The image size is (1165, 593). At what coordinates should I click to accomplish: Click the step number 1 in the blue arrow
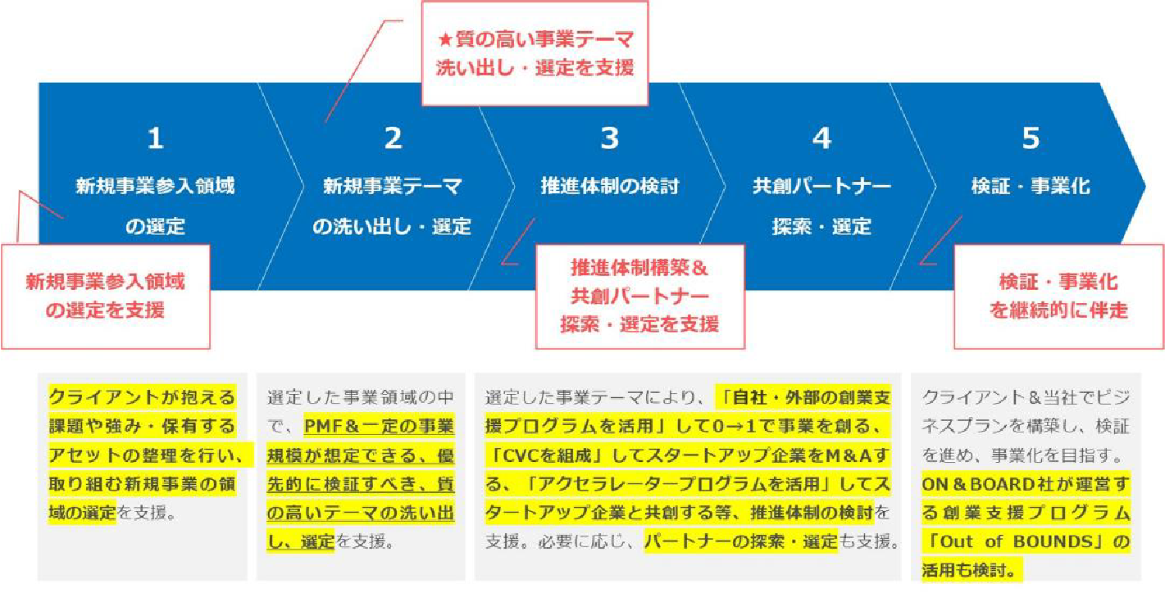coord(155,139)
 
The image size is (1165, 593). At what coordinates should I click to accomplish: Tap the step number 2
coord(393,139)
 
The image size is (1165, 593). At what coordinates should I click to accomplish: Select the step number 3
coord(609,139)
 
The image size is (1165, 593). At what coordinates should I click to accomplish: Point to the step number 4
coord(821,139)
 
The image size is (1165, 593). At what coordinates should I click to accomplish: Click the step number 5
coord(1031,139)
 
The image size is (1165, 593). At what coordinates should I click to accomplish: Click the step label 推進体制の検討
coord(609,187)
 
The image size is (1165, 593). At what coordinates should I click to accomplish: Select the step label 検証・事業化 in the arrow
coord(1031,187)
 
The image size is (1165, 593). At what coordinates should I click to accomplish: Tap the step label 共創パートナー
coord(821,187)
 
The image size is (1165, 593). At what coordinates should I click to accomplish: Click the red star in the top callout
coord(446,40)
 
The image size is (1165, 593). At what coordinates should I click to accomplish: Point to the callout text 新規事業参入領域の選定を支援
coord(105,296)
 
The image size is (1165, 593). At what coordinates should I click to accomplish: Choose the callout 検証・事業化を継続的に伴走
coord(1058,296)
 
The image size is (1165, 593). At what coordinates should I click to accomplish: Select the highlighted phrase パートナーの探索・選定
coord(740,541)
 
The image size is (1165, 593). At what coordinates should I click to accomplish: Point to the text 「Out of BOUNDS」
coord(1026,541)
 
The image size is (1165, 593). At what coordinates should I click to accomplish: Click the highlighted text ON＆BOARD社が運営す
coord(1026,484)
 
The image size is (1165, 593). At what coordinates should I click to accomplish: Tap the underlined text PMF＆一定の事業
coord(379,427)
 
